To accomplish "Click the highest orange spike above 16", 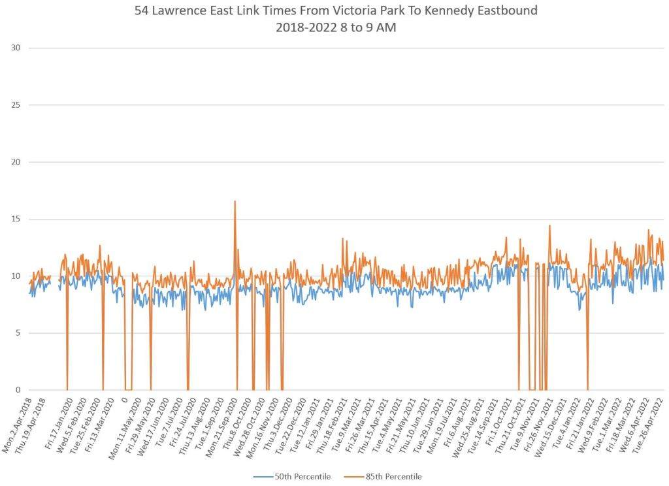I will pos(235,202).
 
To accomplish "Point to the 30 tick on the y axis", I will pos(16,48).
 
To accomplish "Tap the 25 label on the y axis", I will pos(16,105).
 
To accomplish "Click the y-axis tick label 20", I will pos(16,162).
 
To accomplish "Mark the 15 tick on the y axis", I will pos(16,219).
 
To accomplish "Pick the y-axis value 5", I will pos(18,333).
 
